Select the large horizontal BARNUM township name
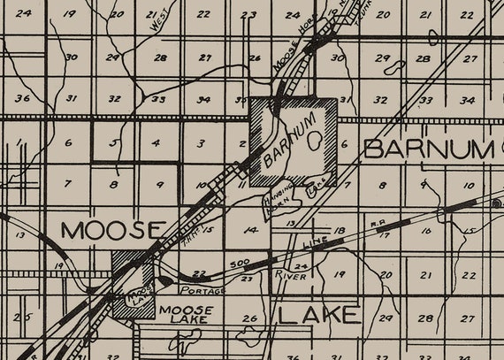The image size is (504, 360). point(427,149)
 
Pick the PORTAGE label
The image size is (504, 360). point(202,290)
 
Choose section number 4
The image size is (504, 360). point(157,142)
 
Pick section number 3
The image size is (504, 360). point(202,142)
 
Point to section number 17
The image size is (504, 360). point(384,235)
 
